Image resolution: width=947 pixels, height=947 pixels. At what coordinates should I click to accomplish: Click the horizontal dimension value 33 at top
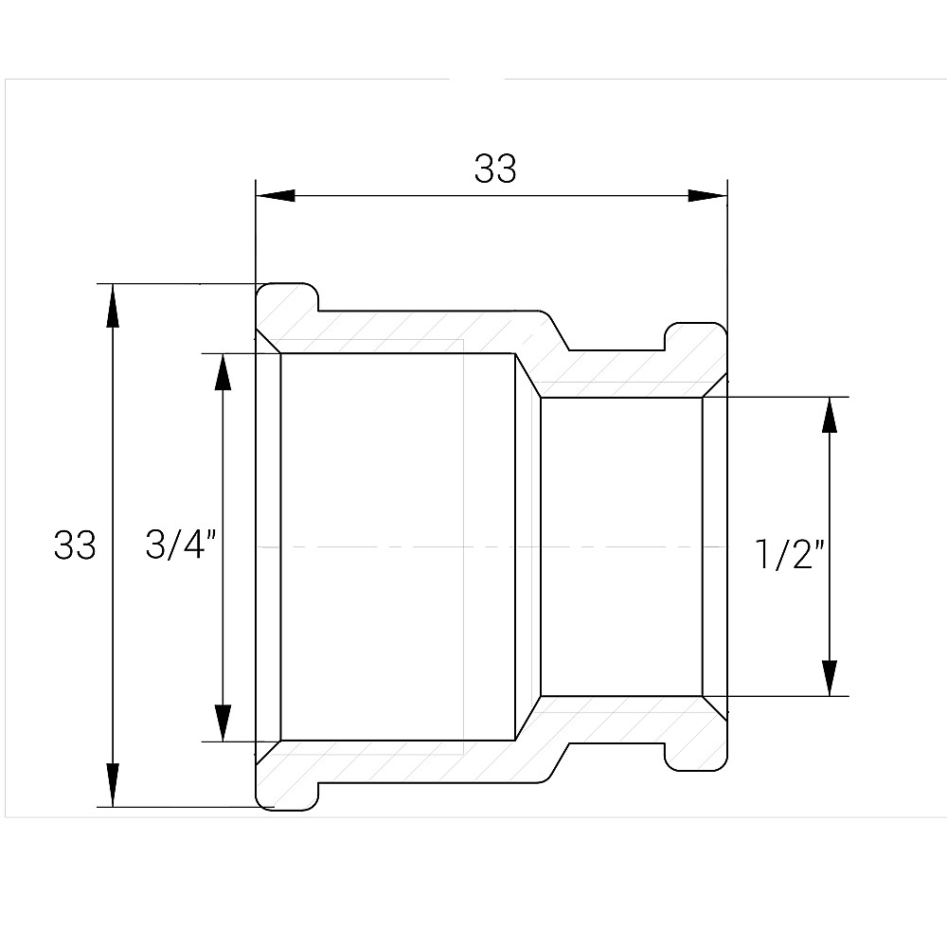coord(495,169)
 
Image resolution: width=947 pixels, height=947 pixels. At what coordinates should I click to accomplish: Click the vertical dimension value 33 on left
coord(75,545)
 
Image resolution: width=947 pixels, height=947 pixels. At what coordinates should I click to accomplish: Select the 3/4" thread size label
coord(182,545)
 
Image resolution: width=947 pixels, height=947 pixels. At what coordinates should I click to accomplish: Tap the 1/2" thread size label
coord(786,555)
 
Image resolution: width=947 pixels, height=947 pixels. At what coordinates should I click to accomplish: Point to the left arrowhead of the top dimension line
coord(276,196)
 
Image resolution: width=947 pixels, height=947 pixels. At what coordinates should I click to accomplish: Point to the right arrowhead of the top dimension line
coord(706,196)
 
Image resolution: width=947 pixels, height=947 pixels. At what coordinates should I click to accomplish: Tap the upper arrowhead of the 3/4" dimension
coord(223,373)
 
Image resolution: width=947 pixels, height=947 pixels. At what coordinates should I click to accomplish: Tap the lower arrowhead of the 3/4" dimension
coord(223,722)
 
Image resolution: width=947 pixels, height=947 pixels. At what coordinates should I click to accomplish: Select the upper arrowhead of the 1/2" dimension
coord(830,416)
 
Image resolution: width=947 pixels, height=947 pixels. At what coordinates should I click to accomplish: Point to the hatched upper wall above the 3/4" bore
coord(398,331)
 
